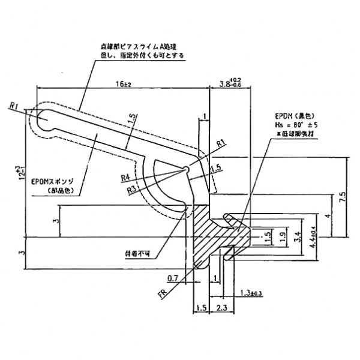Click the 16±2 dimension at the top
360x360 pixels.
(123, 85)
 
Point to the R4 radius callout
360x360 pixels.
(125, 178)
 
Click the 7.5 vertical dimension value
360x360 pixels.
(340, 197)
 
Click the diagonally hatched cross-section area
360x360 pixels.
(210, 234)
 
